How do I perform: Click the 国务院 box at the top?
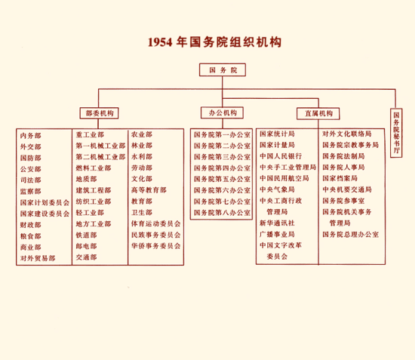tap(223, 70)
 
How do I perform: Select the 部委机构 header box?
tap(100, 113)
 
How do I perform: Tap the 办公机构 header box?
tap(223, 112)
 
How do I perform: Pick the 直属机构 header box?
tap(318, 113)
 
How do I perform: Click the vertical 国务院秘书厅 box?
tap(396, 133)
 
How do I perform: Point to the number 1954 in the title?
tap(160, 42)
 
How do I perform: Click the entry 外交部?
tap(31, 147)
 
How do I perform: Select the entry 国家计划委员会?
tap(45, 203)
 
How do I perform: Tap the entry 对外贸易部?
tap(38, 258)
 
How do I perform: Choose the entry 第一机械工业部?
tap(100, 146)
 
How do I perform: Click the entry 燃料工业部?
tap(94, 168)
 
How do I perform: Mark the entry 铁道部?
tap(86, 235)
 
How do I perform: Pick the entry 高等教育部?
tap(149, 190)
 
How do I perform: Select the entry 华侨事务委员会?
tap(156, 246)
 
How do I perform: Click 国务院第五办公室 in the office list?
tap(222, 179)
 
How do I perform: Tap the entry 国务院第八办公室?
tap(222, 213)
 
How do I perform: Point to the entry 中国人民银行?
tap(281, 156)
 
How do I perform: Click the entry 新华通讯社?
tap(277, 223)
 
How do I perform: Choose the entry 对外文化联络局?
tap(347, 134)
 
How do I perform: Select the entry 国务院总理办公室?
tap(350, 235)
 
